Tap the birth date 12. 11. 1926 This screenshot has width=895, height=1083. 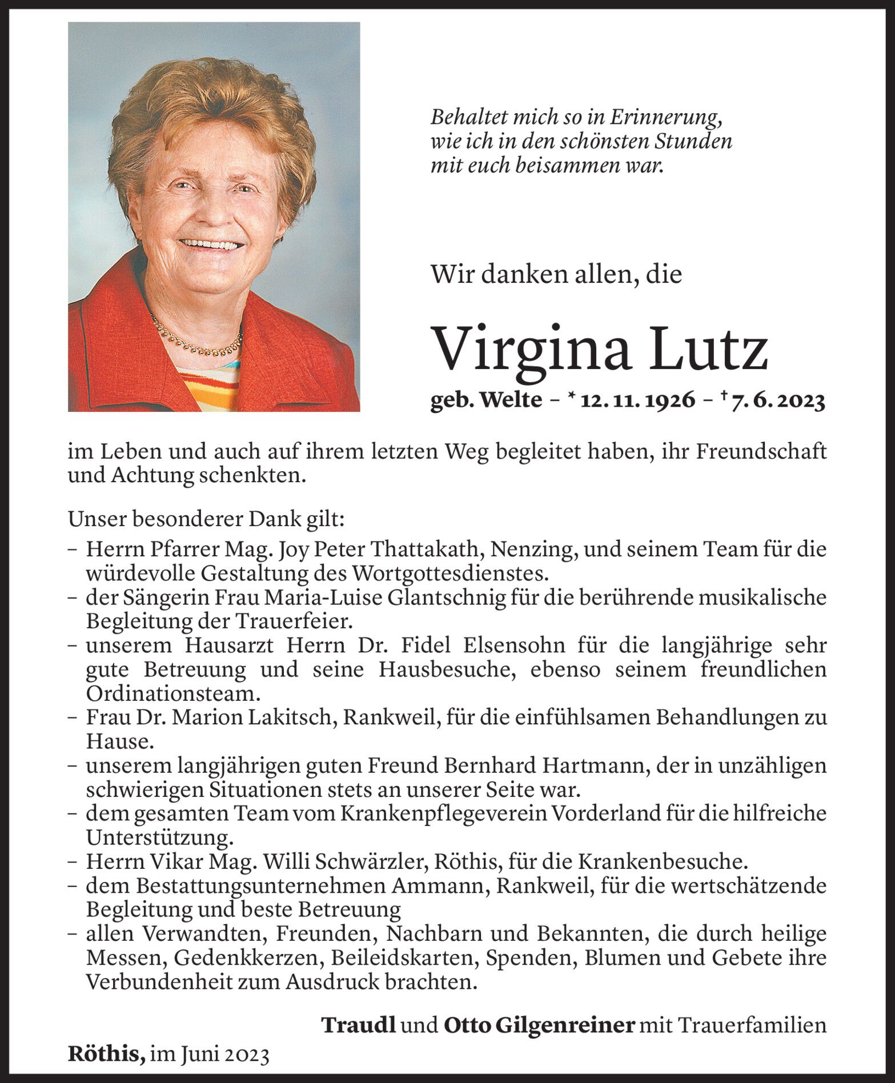click(638, 401)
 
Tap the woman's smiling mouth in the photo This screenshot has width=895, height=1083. click(211, 244)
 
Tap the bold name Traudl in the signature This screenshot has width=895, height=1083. click(359, 1025)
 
